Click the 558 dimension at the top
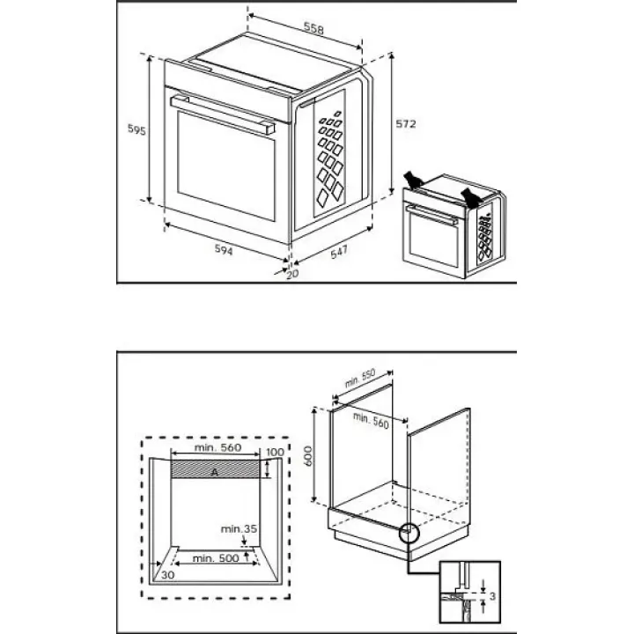point(314,29)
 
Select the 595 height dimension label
point(136,129)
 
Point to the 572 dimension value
point(406,123)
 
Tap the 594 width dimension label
point(224,250)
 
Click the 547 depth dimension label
point(339,252)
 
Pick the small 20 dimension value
point(292,274)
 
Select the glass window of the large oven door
point(226,166)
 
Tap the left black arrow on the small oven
point(413,180)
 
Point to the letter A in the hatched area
point(215,471)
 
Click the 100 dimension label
point(275,452)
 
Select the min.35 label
point(239,528)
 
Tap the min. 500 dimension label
point(216,558)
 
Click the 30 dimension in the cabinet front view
point(167,574)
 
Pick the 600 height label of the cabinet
point(307,456)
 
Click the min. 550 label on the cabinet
point(360,378)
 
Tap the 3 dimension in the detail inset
point(492,596)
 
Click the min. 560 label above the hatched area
point(218,447)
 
